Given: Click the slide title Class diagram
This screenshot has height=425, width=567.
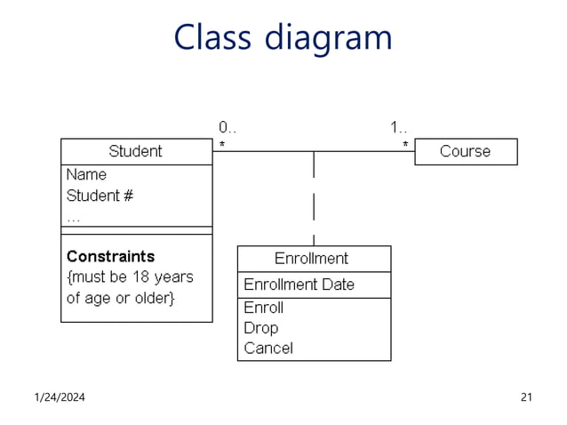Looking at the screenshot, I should [x=283, y=37].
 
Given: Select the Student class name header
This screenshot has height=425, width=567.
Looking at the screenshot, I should [x=135, y=151].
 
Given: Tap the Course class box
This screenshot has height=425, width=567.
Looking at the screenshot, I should [x=465, y=151].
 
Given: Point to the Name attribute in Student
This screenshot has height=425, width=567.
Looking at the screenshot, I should [x=86, y=174].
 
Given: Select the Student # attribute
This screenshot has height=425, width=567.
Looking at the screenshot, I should [x=100, y=195].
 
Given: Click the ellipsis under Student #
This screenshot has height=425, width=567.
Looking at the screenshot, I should [x=73, y=216].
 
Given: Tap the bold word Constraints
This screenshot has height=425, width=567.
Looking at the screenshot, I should [x=110, y=256].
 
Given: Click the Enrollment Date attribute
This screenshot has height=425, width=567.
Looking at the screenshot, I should [x=299, y=285].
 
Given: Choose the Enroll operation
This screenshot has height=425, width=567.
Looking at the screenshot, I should [x=263, y=308].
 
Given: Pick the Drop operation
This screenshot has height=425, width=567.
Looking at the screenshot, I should [x=260, y=327].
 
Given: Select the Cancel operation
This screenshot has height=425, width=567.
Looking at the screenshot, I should [x=268, y=348].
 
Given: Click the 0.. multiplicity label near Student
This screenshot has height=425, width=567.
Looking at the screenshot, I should [x=228, y=127].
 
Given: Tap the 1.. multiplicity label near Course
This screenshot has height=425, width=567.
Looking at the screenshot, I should [x=399, y=127].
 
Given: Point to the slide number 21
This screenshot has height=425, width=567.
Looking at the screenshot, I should [x=525, y=397].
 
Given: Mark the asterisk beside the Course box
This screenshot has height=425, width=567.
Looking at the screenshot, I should [x=405, y=143].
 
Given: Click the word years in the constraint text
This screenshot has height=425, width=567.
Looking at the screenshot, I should [x=172, y=277].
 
